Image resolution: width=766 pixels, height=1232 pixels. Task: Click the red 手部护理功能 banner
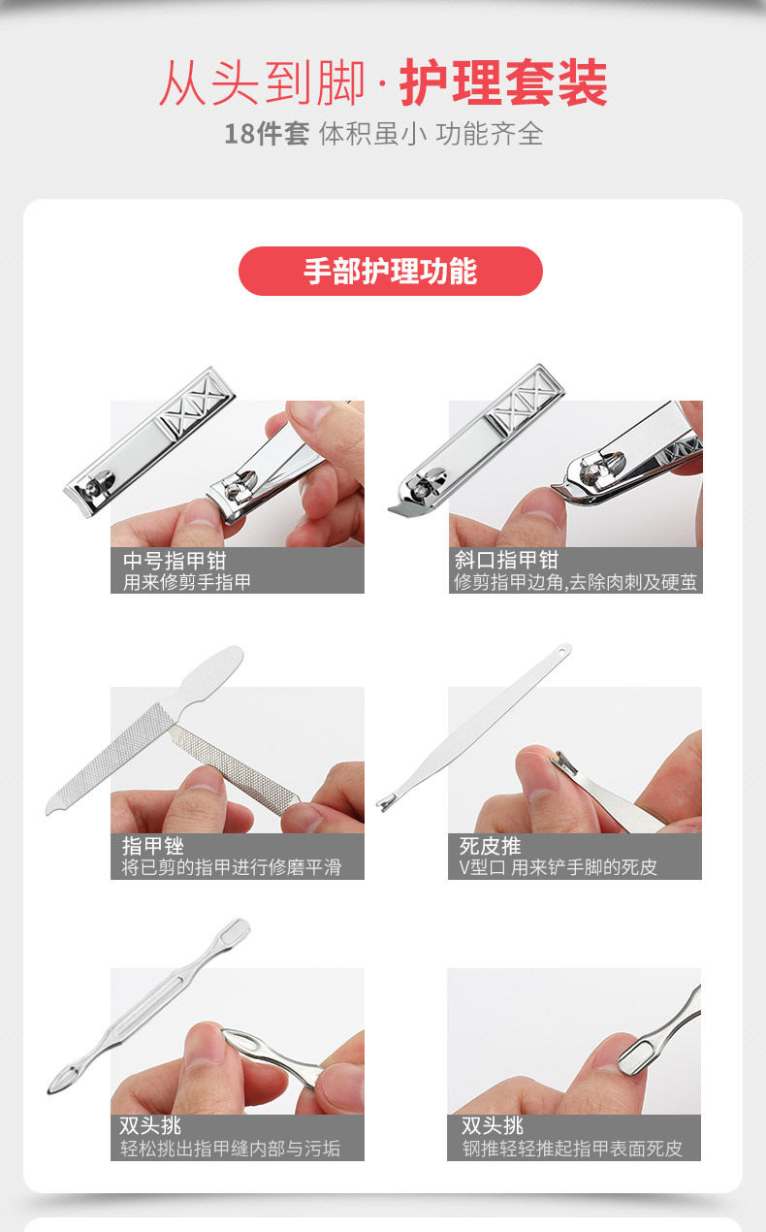click(x=391, y=272)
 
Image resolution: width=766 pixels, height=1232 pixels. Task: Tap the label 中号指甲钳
click(x=175, y=561)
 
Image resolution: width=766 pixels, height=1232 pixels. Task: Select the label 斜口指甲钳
click(x=506, y=560)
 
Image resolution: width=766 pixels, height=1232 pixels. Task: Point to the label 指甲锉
click(x=153, y=846)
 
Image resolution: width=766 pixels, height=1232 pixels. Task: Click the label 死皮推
click(x=490, y=846)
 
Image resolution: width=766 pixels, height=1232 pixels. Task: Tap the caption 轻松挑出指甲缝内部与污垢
click(x=231, y=1149)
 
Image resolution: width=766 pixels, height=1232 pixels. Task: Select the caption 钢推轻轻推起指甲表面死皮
click(x=572, y=1149)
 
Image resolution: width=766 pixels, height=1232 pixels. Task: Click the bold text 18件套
click(x=267, y=134)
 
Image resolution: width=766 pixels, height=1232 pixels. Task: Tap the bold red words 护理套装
click(x=503, y=82)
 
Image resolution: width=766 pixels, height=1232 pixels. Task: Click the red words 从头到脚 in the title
click(x=263, y=82)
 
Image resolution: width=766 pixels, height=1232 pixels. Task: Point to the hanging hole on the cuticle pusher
click(x=562, y=652)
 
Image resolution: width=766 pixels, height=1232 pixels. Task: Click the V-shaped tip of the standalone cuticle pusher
click(x=386, y=803)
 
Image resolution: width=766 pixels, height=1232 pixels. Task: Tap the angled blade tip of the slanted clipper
click(x=399, y=507)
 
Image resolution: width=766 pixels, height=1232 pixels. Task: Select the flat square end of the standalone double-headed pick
click(x=236, y=930)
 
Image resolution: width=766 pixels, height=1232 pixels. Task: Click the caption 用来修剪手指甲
click(x=187, y=582)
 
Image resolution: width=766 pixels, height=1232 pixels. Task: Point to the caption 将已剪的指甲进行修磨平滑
click(x=232, y=867)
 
